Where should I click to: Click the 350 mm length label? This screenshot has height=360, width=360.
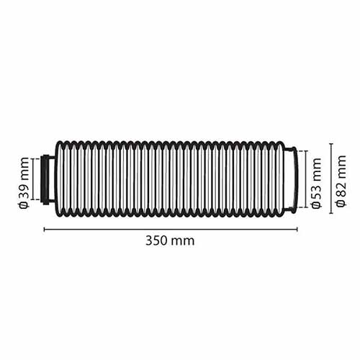pos(170,240)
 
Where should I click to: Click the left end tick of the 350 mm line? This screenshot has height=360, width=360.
pos(45,229)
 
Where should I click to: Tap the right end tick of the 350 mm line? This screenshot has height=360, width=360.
pos(297,229)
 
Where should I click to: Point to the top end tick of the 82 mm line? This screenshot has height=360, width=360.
pos(330,144)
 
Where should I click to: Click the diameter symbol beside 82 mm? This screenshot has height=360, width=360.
pos(342,205)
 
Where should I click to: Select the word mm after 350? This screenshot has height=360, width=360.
pos(184,241)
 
